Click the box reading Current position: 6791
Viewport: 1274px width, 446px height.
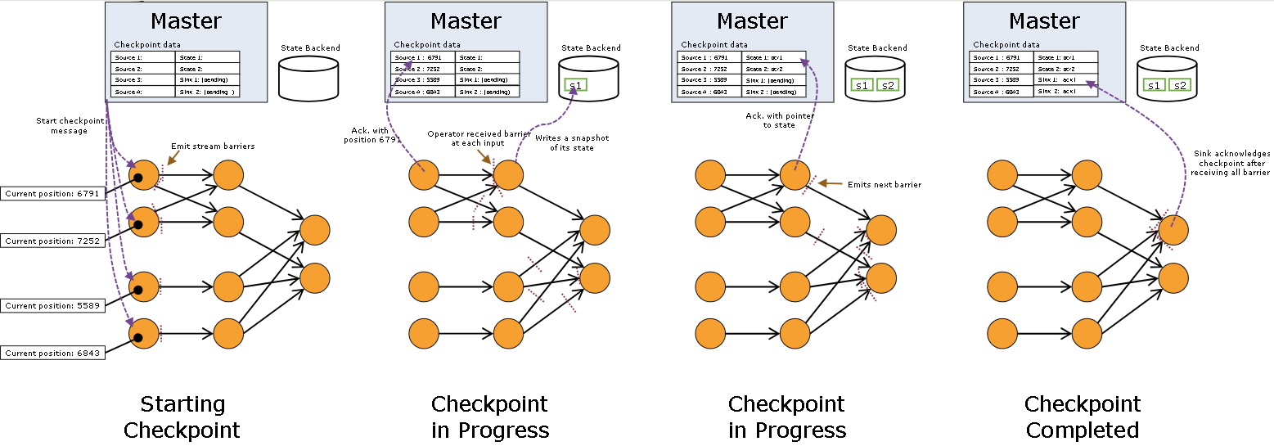pos(52,194)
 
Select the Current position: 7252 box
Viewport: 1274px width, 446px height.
pos(52,241)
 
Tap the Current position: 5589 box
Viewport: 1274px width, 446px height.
pos(52,305)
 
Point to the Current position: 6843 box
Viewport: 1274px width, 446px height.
pos(52,353)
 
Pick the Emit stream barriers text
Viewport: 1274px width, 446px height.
pos(213,146)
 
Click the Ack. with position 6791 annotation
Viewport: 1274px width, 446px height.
pos(367,135)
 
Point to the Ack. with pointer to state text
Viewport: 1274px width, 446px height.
pos(773,120)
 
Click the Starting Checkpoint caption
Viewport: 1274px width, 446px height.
pos(182,417)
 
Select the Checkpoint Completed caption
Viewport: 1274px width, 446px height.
pos(1083,417)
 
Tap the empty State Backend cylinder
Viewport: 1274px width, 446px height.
pos(308,79)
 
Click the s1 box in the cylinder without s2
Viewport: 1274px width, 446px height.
pos(576,85)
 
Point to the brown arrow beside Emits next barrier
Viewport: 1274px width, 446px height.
pos(829,183)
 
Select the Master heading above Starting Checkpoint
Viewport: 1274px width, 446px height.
pos(187,20)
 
